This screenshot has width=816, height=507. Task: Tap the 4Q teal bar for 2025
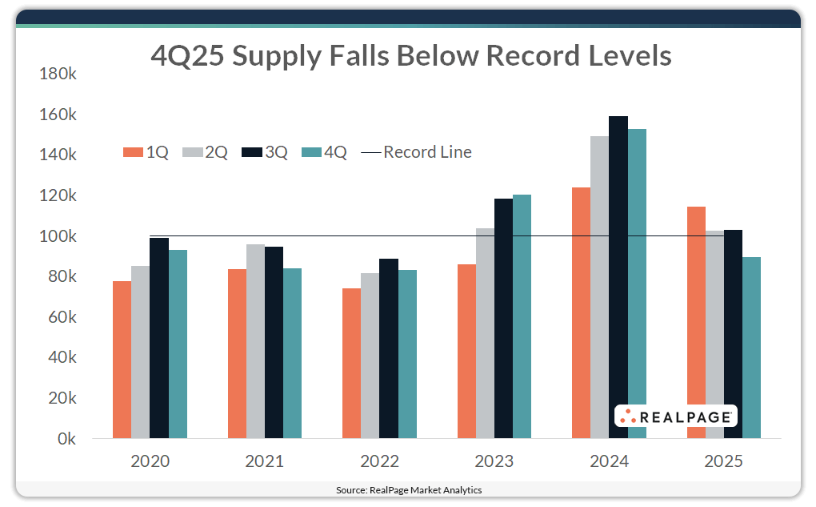751,348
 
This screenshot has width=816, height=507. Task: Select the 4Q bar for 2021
292,353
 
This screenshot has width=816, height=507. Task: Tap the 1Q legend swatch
132,152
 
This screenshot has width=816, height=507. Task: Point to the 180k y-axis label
57,74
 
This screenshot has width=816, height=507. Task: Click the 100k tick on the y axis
57,236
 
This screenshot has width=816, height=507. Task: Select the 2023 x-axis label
494,462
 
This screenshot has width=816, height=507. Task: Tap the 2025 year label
723,462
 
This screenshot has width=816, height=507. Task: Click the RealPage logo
676,416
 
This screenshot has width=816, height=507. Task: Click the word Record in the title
533,56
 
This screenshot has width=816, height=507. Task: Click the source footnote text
408,489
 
